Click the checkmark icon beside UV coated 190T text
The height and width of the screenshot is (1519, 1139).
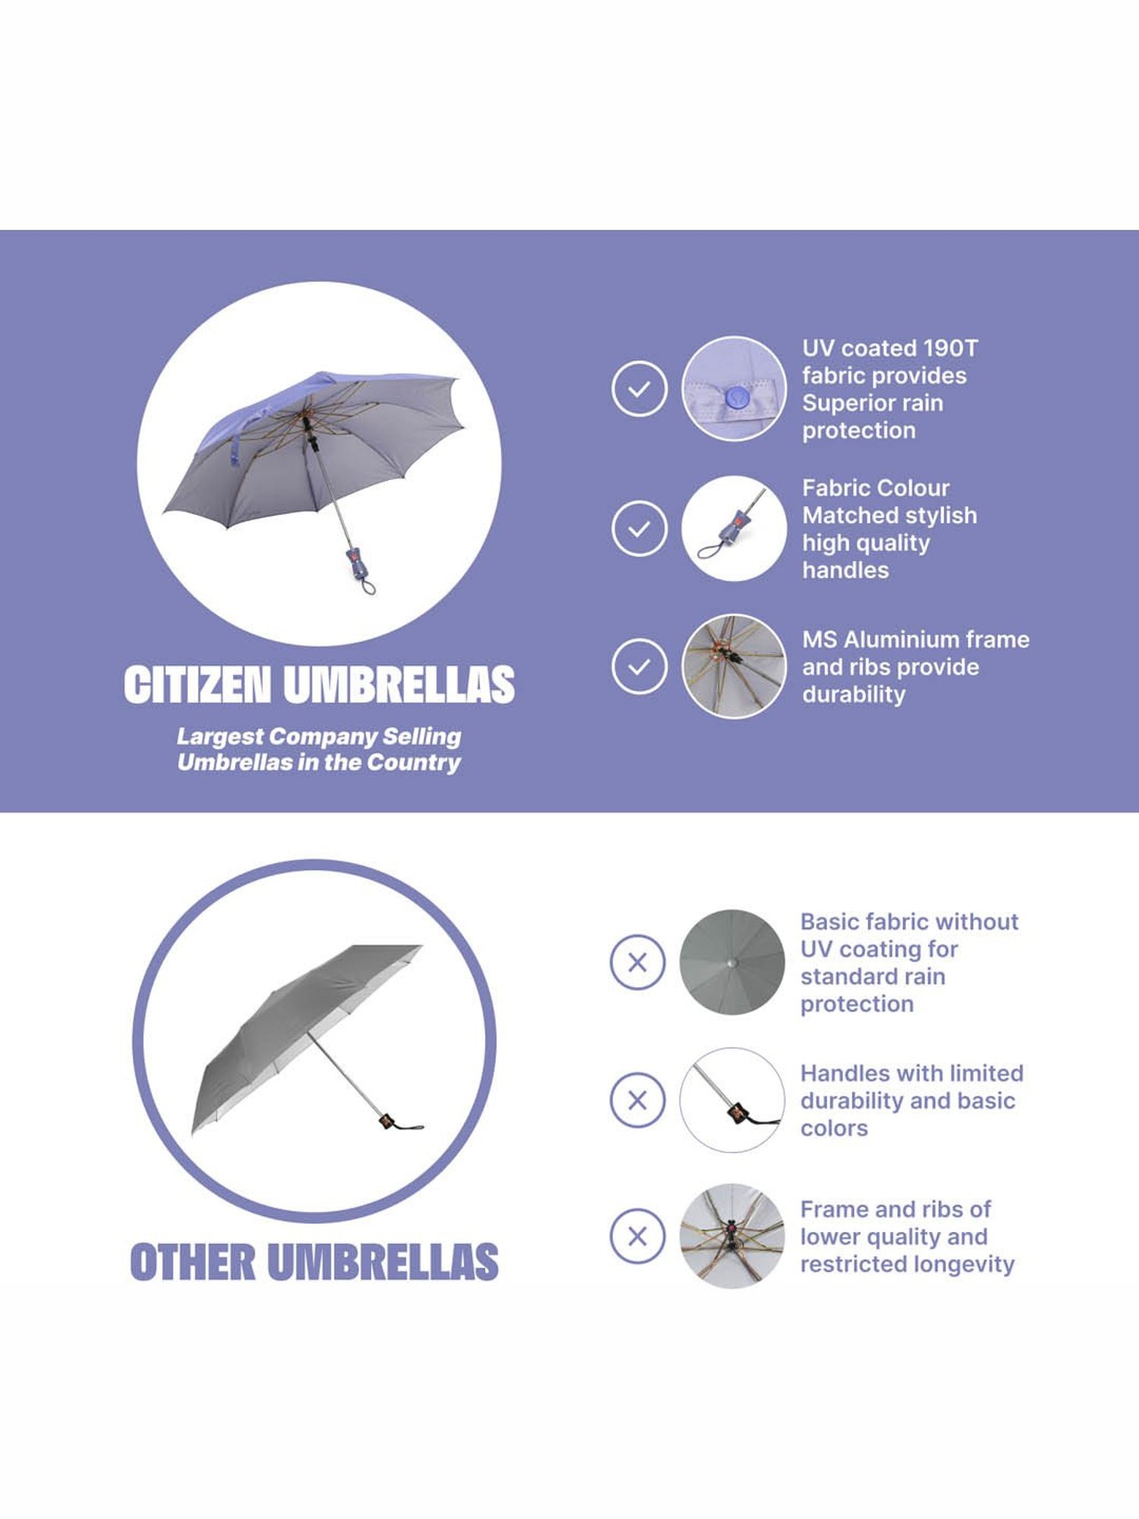coord(639,389)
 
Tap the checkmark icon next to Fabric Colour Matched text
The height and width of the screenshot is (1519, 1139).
coord(639,528)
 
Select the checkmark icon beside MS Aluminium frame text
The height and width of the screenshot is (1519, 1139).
coord(639,667)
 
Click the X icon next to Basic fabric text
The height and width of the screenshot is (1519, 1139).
coord(638,962)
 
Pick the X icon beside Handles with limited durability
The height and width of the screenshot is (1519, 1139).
coord(638,1100)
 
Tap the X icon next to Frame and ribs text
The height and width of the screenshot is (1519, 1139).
coord(638,1236)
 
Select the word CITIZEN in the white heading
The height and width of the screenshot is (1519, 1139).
coord(197,684)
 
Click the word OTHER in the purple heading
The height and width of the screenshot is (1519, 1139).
coord(193,1262)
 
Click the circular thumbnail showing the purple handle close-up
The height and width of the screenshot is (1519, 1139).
coord(734,529)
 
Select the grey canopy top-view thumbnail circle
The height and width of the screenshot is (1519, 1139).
coord(732,962)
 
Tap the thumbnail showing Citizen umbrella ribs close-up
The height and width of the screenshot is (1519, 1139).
coord(734,667)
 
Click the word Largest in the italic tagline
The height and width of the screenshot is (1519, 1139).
coord(219,737)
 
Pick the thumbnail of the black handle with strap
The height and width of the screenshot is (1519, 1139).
coord(732,1100)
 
